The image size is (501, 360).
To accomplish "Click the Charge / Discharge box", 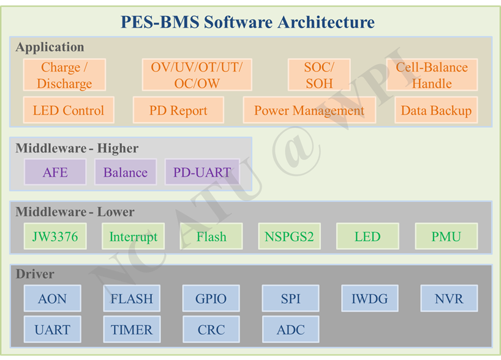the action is (x=64, y=75).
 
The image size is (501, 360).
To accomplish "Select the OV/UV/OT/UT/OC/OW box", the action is (x=197, y=75).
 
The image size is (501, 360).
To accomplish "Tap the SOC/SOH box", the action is (x=319, y=75).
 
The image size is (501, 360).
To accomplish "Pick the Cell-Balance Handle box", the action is (x=432, y=75).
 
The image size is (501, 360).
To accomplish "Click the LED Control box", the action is (x=69, y=110).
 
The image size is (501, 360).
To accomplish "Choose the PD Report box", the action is (x=178, y=110).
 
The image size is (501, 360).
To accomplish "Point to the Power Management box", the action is (x=309, y=110).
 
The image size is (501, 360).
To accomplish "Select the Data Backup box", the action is (x=436, y=110).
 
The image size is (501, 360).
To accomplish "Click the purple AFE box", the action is (x=55, y=172).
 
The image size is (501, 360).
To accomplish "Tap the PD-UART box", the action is (x=202, y=172).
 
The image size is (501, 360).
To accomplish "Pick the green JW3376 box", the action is (x=55, y=236).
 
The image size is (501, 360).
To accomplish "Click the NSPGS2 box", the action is (x=289, y=236).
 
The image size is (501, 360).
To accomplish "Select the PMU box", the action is (x=446, y=236).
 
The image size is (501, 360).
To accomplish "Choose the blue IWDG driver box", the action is (x=370, y=298).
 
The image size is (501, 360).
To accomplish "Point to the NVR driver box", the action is (x=449, y=298).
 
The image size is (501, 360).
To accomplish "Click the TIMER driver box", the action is (x=132, y=329).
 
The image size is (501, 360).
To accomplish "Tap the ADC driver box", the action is (x=290, y=329).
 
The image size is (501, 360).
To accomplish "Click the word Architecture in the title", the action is (x=326, y=22).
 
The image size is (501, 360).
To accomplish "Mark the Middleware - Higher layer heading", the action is (x=77, y=148).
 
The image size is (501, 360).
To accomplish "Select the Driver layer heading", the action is (x=35, y=274).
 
